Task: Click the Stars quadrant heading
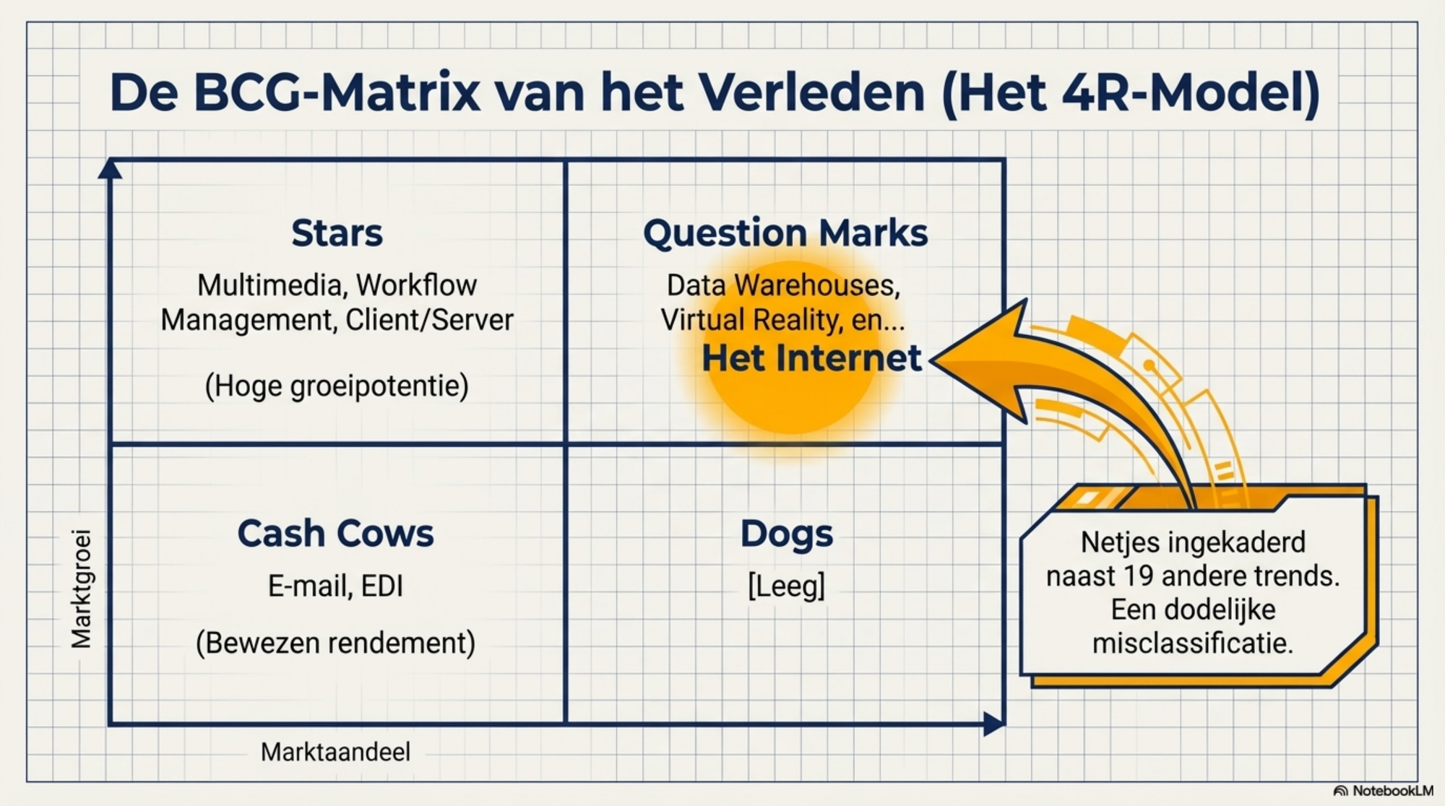tap(337, 233)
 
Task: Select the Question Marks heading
tap(785, 233)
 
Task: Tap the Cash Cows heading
tap(335, 534)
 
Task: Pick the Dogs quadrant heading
tap(786, 534)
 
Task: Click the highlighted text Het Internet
tap(811, 358)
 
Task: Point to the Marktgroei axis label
tap(82, 589)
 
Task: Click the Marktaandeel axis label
tap(335, 753)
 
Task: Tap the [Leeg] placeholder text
tap(786, 586)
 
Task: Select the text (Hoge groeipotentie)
tap(337, 386)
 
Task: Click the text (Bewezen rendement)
tap(335, 643)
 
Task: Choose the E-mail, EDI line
tap(335, 586)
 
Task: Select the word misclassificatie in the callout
tap(1192, 643)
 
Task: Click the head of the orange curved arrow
tap(975, 360)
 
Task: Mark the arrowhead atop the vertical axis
tap(110, 168)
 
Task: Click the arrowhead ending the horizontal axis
tap(994, 724)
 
